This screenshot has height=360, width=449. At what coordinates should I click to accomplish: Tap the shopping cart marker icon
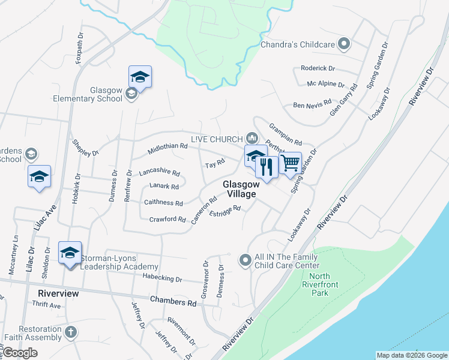[x=290, y=163]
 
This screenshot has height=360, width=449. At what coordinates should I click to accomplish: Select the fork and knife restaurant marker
[x=267, y=166]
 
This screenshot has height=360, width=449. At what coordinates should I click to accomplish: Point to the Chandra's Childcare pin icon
[x=344, y=44]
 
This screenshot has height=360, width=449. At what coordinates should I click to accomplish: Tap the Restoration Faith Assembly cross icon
[x=70, y=332]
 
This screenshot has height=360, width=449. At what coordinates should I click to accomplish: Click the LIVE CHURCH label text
[x=216, y=139]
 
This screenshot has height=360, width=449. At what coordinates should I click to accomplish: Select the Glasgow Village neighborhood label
[x=241, y=189]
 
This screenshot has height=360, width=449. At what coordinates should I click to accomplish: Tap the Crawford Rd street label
[x=167, y=220]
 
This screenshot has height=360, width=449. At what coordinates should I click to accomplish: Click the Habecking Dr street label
[x=162, y=278]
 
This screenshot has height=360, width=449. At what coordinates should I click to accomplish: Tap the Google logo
[x=20, y=352]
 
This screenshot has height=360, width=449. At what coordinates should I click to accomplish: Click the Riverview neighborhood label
[x=58, y=293]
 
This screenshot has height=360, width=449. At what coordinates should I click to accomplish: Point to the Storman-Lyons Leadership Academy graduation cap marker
[x=70, y=252]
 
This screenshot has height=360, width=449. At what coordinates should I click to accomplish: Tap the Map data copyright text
[x=411, y=355]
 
